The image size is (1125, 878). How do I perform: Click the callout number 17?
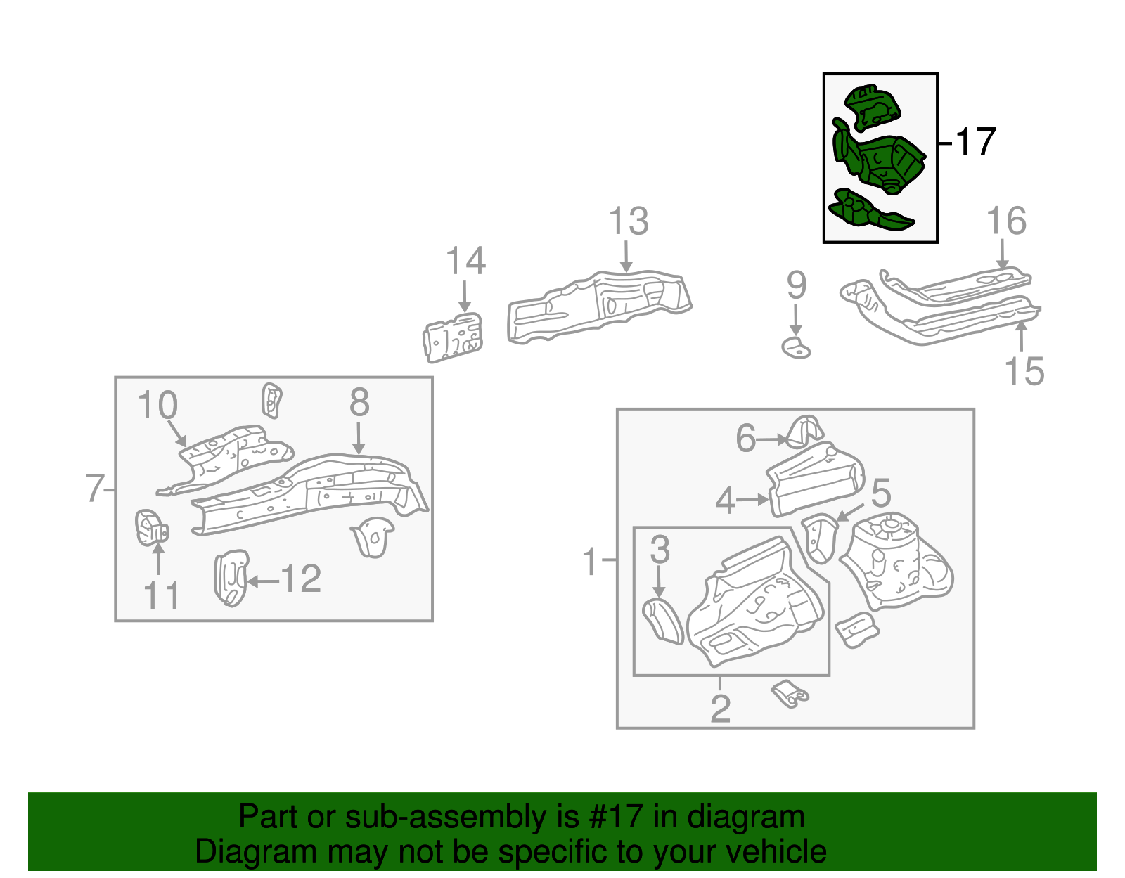click(976, 142)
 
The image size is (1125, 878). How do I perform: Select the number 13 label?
click(628, 222)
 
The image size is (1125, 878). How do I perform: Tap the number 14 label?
click(465, 262)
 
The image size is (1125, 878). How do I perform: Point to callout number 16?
click(1006, 221)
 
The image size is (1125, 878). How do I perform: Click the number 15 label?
click(1024, 371)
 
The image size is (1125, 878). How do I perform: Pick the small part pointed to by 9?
click(796, 347)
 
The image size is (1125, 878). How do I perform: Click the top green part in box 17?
click(872, 108)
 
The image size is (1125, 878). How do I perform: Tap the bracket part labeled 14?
click(454, 338)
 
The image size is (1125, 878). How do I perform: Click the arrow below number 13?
click(626, 257)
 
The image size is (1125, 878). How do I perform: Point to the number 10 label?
click(157, 406)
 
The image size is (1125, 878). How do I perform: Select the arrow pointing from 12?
click(262, 581)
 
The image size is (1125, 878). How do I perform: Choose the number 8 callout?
click(359, 403)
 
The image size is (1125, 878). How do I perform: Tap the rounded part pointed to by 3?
click(663, 620)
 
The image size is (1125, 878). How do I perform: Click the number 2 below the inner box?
click(720, 709)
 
